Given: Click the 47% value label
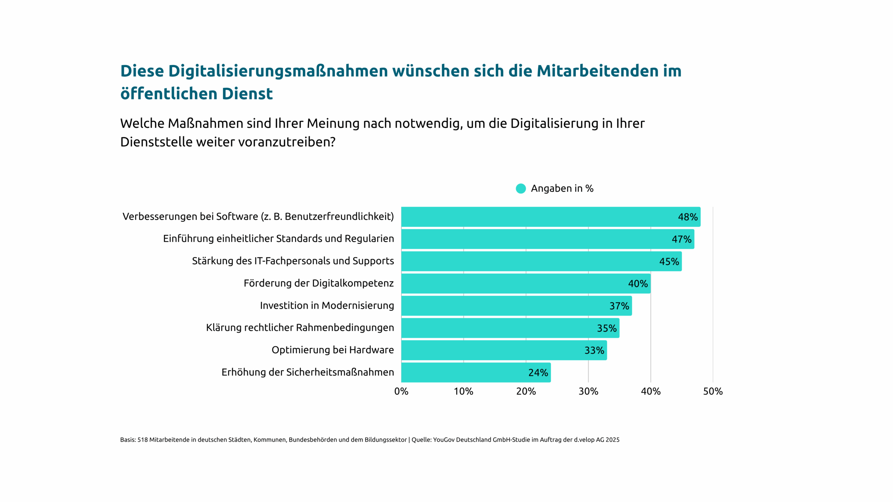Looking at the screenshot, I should [x=681, y=239].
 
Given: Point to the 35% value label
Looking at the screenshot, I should [x=607, y=328].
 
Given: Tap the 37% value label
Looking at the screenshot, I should [x=619, y=306].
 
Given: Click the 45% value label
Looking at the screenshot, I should [x=669, y=261].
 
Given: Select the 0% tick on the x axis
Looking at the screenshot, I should [x=401, y=391].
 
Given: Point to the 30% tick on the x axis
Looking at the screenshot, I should [x=588, y=391].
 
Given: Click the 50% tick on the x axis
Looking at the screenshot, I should [x=713, y=391].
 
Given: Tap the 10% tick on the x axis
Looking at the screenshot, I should [x=463, y=391].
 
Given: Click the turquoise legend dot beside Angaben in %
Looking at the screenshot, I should [x=520, y=189].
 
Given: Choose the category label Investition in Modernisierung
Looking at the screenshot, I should [x=327, y=305].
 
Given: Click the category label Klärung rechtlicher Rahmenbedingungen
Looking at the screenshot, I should [x=300, y=328].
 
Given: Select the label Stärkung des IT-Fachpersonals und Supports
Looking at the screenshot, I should [x=293, y=261].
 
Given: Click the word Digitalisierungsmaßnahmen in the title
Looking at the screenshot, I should [x=278, y=71].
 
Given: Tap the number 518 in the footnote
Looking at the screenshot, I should [x=142, y=440].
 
